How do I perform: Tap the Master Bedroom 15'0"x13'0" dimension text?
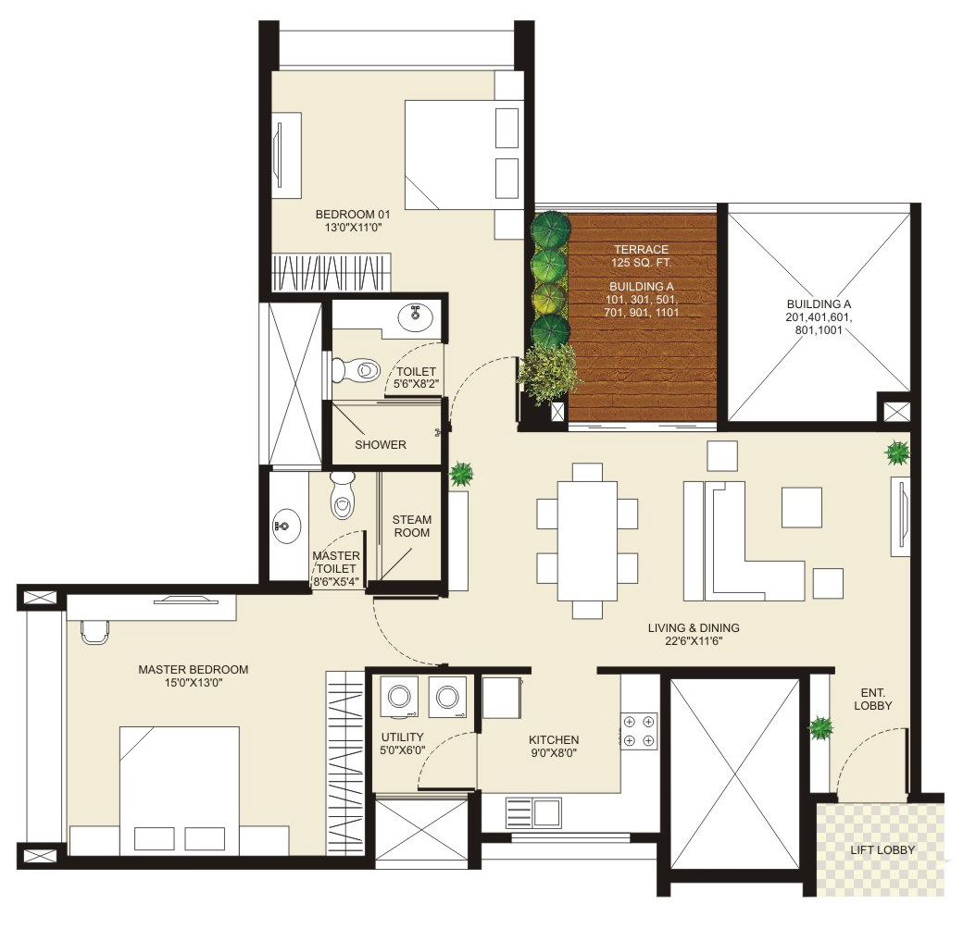193,684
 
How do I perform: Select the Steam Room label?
411,526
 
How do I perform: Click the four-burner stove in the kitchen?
639,730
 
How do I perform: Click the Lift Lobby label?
882,850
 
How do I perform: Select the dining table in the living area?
587,540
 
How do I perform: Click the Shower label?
381,444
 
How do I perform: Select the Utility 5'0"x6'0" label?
403,745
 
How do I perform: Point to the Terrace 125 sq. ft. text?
640,256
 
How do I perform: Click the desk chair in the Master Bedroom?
94,629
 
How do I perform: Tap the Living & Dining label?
693,635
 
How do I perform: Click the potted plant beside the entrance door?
820,728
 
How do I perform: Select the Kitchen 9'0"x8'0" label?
553,747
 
